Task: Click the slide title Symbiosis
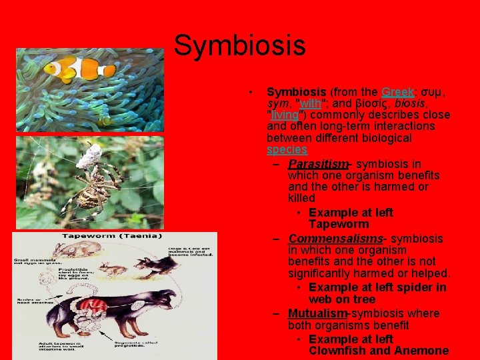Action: (239, 46)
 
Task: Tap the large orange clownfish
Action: (71, 69)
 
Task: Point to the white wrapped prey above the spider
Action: (88, 155)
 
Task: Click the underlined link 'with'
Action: (311, 103)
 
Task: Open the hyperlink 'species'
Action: (287, 150)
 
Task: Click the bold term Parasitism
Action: (318, 163)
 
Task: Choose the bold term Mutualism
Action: (317, 313)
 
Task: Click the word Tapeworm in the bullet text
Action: (339, 225)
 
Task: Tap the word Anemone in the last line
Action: (420, 351)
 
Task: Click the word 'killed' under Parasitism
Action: (301, 199)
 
